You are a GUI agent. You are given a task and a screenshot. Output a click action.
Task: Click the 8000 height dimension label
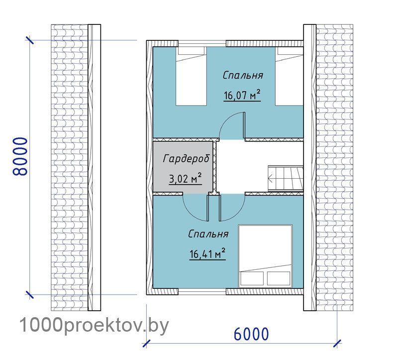click(20, 156)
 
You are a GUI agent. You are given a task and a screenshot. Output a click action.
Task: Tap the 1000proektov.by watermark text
click(94, 326)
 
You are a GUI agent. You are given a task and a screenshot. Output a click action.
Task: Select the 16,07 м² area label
click(242, 95)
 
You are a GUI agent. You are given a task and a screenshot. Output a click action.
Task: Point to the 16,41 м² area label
click(207, 254)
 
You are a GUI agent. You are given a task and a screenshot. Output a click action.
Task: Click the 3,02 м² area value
click(185, 179)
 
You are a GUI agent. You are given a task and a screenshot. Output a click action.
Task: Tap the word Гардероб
click(187, 159)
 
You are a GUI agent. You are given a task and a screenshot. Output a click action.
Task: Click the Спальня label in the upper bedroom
click(243, 76)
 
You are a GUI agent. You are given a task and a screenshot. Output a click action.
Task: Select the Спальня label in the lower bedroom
click(208, 234)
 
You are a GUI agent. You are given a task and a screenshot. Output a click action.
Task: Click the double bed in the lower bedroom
click(265, 256)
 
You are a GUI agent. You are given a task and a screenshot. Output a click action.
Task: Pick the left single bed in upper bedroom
click(191, 76)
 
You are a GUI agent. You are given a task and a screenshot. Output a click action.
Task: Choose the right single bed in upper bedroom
click(290, 76)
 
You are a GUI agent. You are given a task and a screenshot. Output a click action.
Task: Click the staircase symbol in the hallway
click(286, 178)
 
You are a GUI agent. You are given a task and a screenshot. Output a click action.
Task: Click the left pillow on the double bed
click(252, 278)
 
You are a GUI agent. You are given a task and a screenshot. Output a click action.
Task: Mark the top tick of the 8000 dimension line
click(30, 40)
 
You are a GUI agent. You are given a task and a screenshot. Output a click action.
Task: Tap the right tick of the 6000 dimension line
click(337, 344)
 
